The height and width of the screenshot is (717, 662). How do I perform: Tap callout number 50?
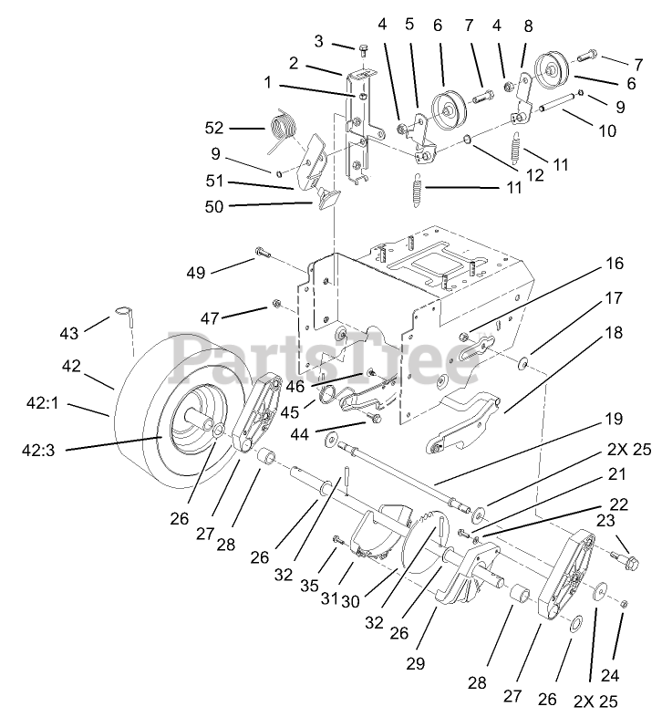(216, 207)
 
